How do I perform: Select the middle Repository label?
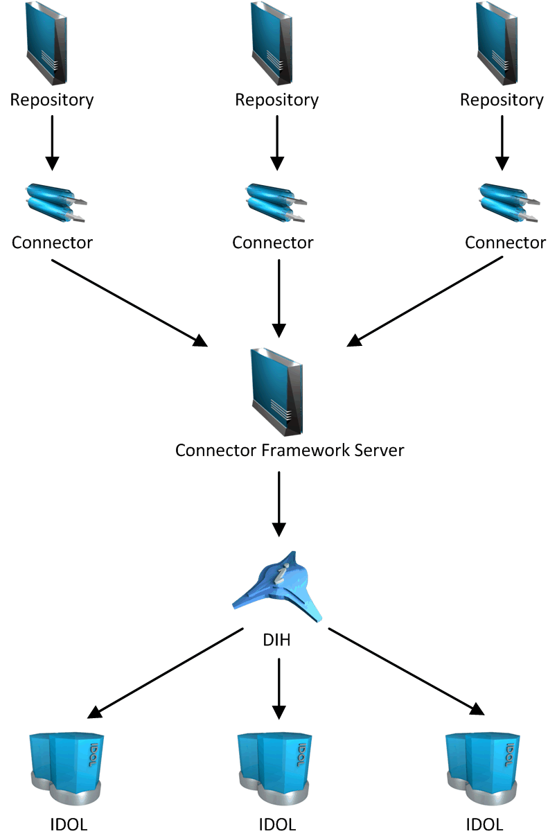click(x=277, y=100)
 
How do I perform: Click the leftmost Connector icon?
click(x=54, y=203)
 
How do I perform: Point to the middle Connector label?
click(x=273, y=243)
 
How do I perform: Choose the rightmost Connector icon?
click(x=508, y=203)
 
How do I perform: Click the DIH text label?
click(x=276, y=640)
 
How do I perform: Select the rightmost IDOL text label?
click(x=484, y=825)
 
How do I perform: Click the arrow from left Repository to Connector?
click(x=52, y=142)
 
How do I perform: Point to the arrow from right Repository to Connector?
click(x=502, y=142)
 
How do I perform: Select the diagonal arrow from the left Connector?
click(x=129, y=302)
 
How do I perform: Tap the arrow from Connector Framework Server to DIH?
click(x=278, y=503)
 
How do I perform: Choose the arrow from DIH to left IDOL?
click(x=166, y=672)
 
